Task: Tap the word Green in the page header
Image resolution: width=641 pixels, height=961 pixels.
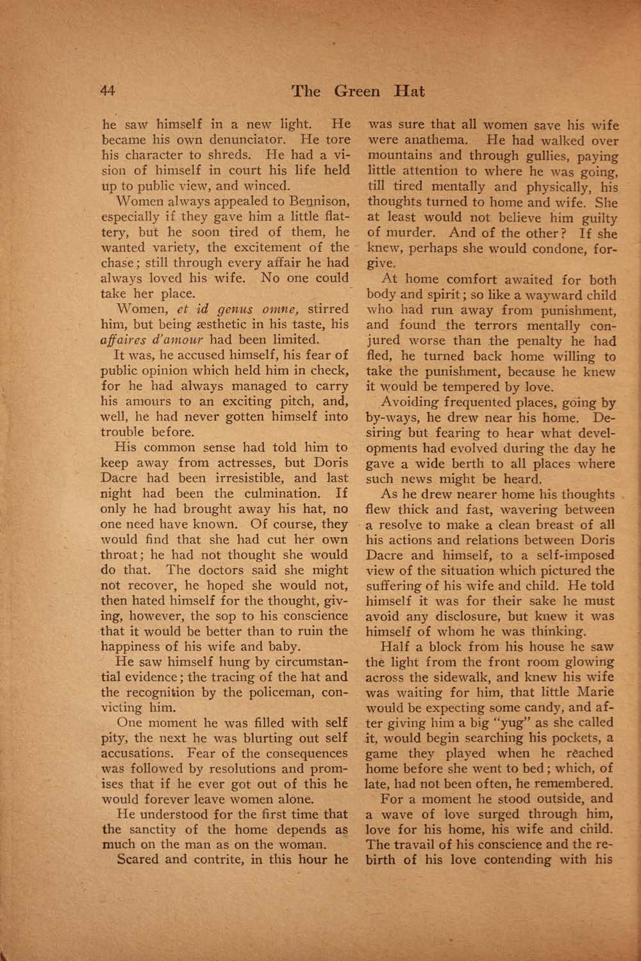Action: point(357,91)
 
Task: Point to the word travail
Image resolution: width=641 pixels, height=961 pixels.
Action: point(428,844)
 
